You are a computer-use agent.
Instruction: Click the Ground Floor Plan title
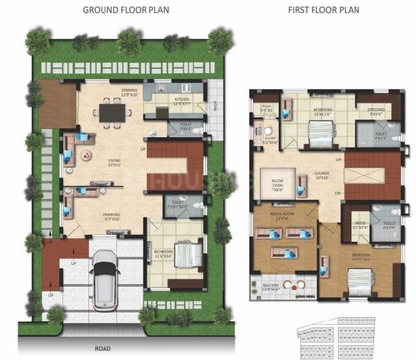coord(126,10)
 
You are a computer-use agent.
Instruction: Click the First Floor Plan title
coord(324,10)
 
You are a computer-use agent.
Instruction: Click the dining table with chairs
coord(111,111)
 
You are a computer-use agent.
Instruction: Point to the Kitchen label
coord(181,99)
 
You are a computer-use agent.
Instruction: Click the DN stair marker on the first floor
coord(337,193)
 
